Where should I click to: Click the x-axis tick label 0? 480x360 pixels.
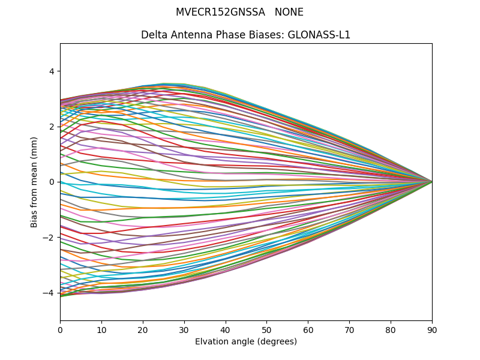(60, 329)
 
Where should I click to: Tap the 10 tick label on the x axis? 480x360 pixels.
(101, 329)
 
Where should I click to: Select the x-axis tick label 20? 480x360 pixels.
(143, 329)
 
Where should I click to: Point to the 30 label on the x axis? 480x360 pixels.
(184, 329)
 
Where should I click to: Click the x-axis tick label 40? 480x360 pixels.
(226, 329)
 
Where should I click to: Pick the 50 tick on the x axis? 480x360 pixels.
(266, 329)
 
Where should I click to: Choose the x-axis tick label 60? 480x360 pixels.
(308, 329)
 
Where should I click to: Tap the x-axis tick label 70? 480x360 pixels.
(349, 329)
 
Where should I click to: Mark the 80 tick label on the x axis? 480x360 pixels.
(391, 329)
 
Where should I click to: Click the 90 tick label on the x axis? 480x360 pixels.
(432, 329)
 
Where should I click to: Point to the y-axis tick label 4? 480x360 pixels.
(51, 71)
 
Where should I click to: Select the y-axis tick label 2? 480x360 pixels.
(51, 127)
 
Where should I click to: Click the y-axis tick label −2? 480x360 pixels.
(49, 238)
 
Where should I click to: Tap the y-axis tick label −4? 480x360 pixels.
(49, 293)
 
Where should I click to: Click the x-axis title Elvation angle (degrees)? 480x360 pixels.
(246, 341)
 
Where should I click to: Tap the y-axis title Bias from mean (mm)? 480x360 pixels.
(34, 182)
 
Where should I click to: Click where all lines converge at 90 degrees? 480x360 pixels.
(431, 181)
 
